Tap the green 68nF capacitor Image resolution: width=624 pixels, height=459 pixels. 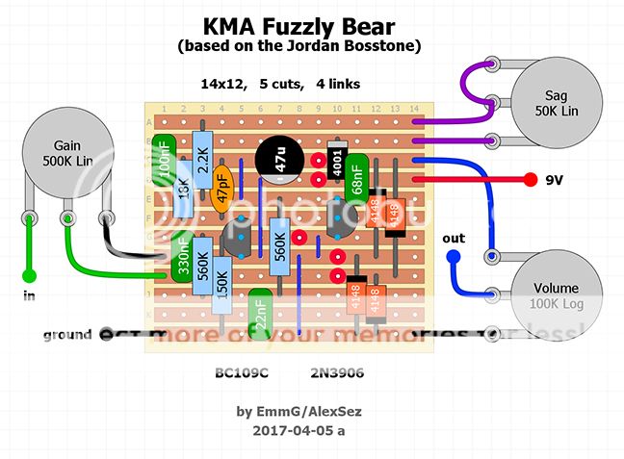tap(356, 176)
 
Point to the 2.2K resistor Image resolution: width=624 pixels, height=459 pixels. tap(202, 157)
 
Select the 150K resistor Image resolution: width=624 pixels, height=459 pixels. tap(222, 286)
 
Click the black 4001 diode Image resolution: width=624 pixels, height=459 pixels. tap(337, 166)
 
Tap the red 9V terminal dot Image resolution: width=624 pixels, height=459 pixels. tap(530, 179)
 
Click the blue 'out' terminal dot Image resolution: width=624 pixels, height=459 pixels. tap(454, 257)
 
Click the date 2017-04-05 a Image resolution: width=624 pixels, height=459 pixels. tap(299, 430)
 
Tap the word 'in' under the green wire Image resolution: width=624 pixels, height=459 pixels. tap(29, 296)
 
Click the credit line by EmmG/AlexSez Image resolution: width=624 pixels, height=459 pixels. tap(299, 411)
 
